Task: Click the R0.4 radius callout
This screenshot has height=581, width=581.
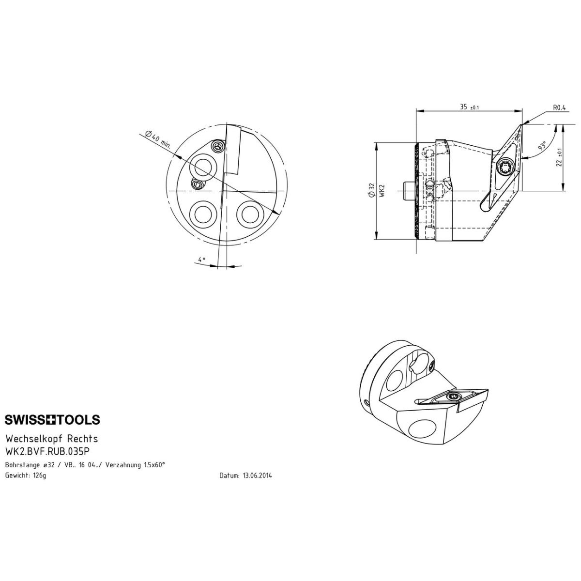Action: coord(560,108)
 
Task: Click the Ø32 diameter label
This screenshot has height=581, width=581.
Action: coord(372,191)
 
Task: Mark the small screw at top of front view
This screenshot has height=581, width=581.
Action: coord(218,147)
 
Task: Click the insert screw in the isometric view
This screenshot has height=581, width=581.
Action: coord(452,397)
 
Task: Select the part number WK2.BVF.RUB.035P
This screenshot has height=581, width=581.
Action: coord(47,451)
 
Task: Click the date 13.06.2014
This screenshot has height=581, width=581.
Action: coord(257,476)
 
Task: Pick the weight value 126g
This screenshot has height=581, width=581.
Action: coord(39,476)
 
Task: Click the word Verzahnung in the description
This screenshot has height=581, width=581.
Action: coord(123,465)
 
